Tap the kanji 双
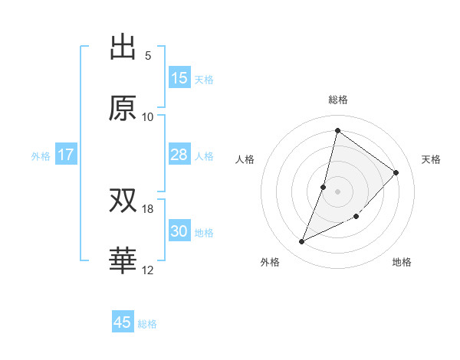[x=123, y=201]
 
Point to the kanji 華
[x=123, y=261]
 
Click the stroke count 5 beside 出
[x=148, y=56]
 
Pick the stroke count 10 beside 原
[x=148, y=116]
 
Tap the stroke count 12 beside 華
[x=148, y=270]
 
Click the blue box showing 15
[x=179, y=78]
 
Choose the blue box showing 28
[x=179, y=155]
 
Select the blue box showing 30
[x=179, y=231]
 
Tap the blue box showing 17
[x=66, y=155]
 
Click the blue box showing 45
[x=123, y=322]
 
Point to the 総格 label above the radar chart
[x=338, y=100]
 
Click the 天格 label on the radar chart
[x=432, y=159]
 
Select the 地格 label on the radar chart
[x=402, y=262]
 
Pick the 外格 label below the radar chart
[x=270, y=262]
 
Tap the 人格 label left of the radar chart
[x=245, y=159]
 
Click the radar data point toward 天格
[x=396, y=172]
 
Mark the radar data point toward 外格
[x=301, y=242]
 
